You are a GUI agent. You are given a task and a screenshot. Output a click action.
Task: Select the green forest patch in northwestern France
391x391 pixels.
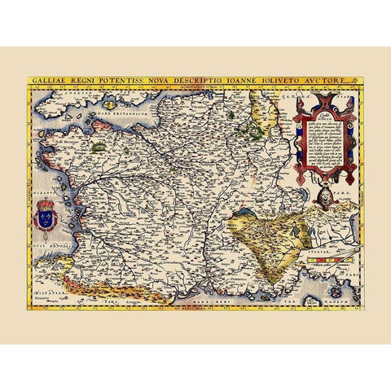pyautogui.click(x=99, y=147)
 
